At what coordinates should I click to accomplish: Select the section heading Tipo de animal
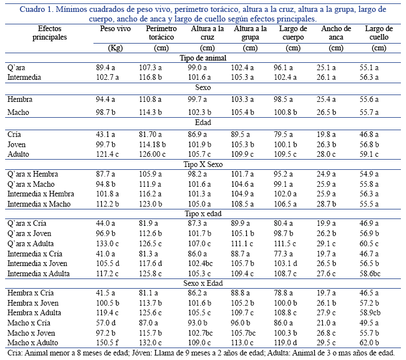pyautogui.click(x=202, y=58)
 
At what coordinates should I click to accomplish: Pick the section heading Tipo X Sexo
pyautogui.click(x=202, y=164)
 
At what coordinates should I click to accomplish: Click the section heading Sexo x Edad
pyautogui.click(x=202, y=282)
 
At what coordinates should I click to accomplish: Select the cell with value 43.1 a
pyautogui.click(x=106, y=134)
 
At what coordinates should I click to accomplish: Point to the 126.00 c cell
pyautogui.click(x=153, y=154)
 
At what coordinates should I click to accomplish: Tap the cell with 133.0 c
pyautogui.click(x=108, y=243)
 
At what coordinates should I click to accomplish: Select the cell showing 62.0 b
pyautogui.click(x=370, y=342)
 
